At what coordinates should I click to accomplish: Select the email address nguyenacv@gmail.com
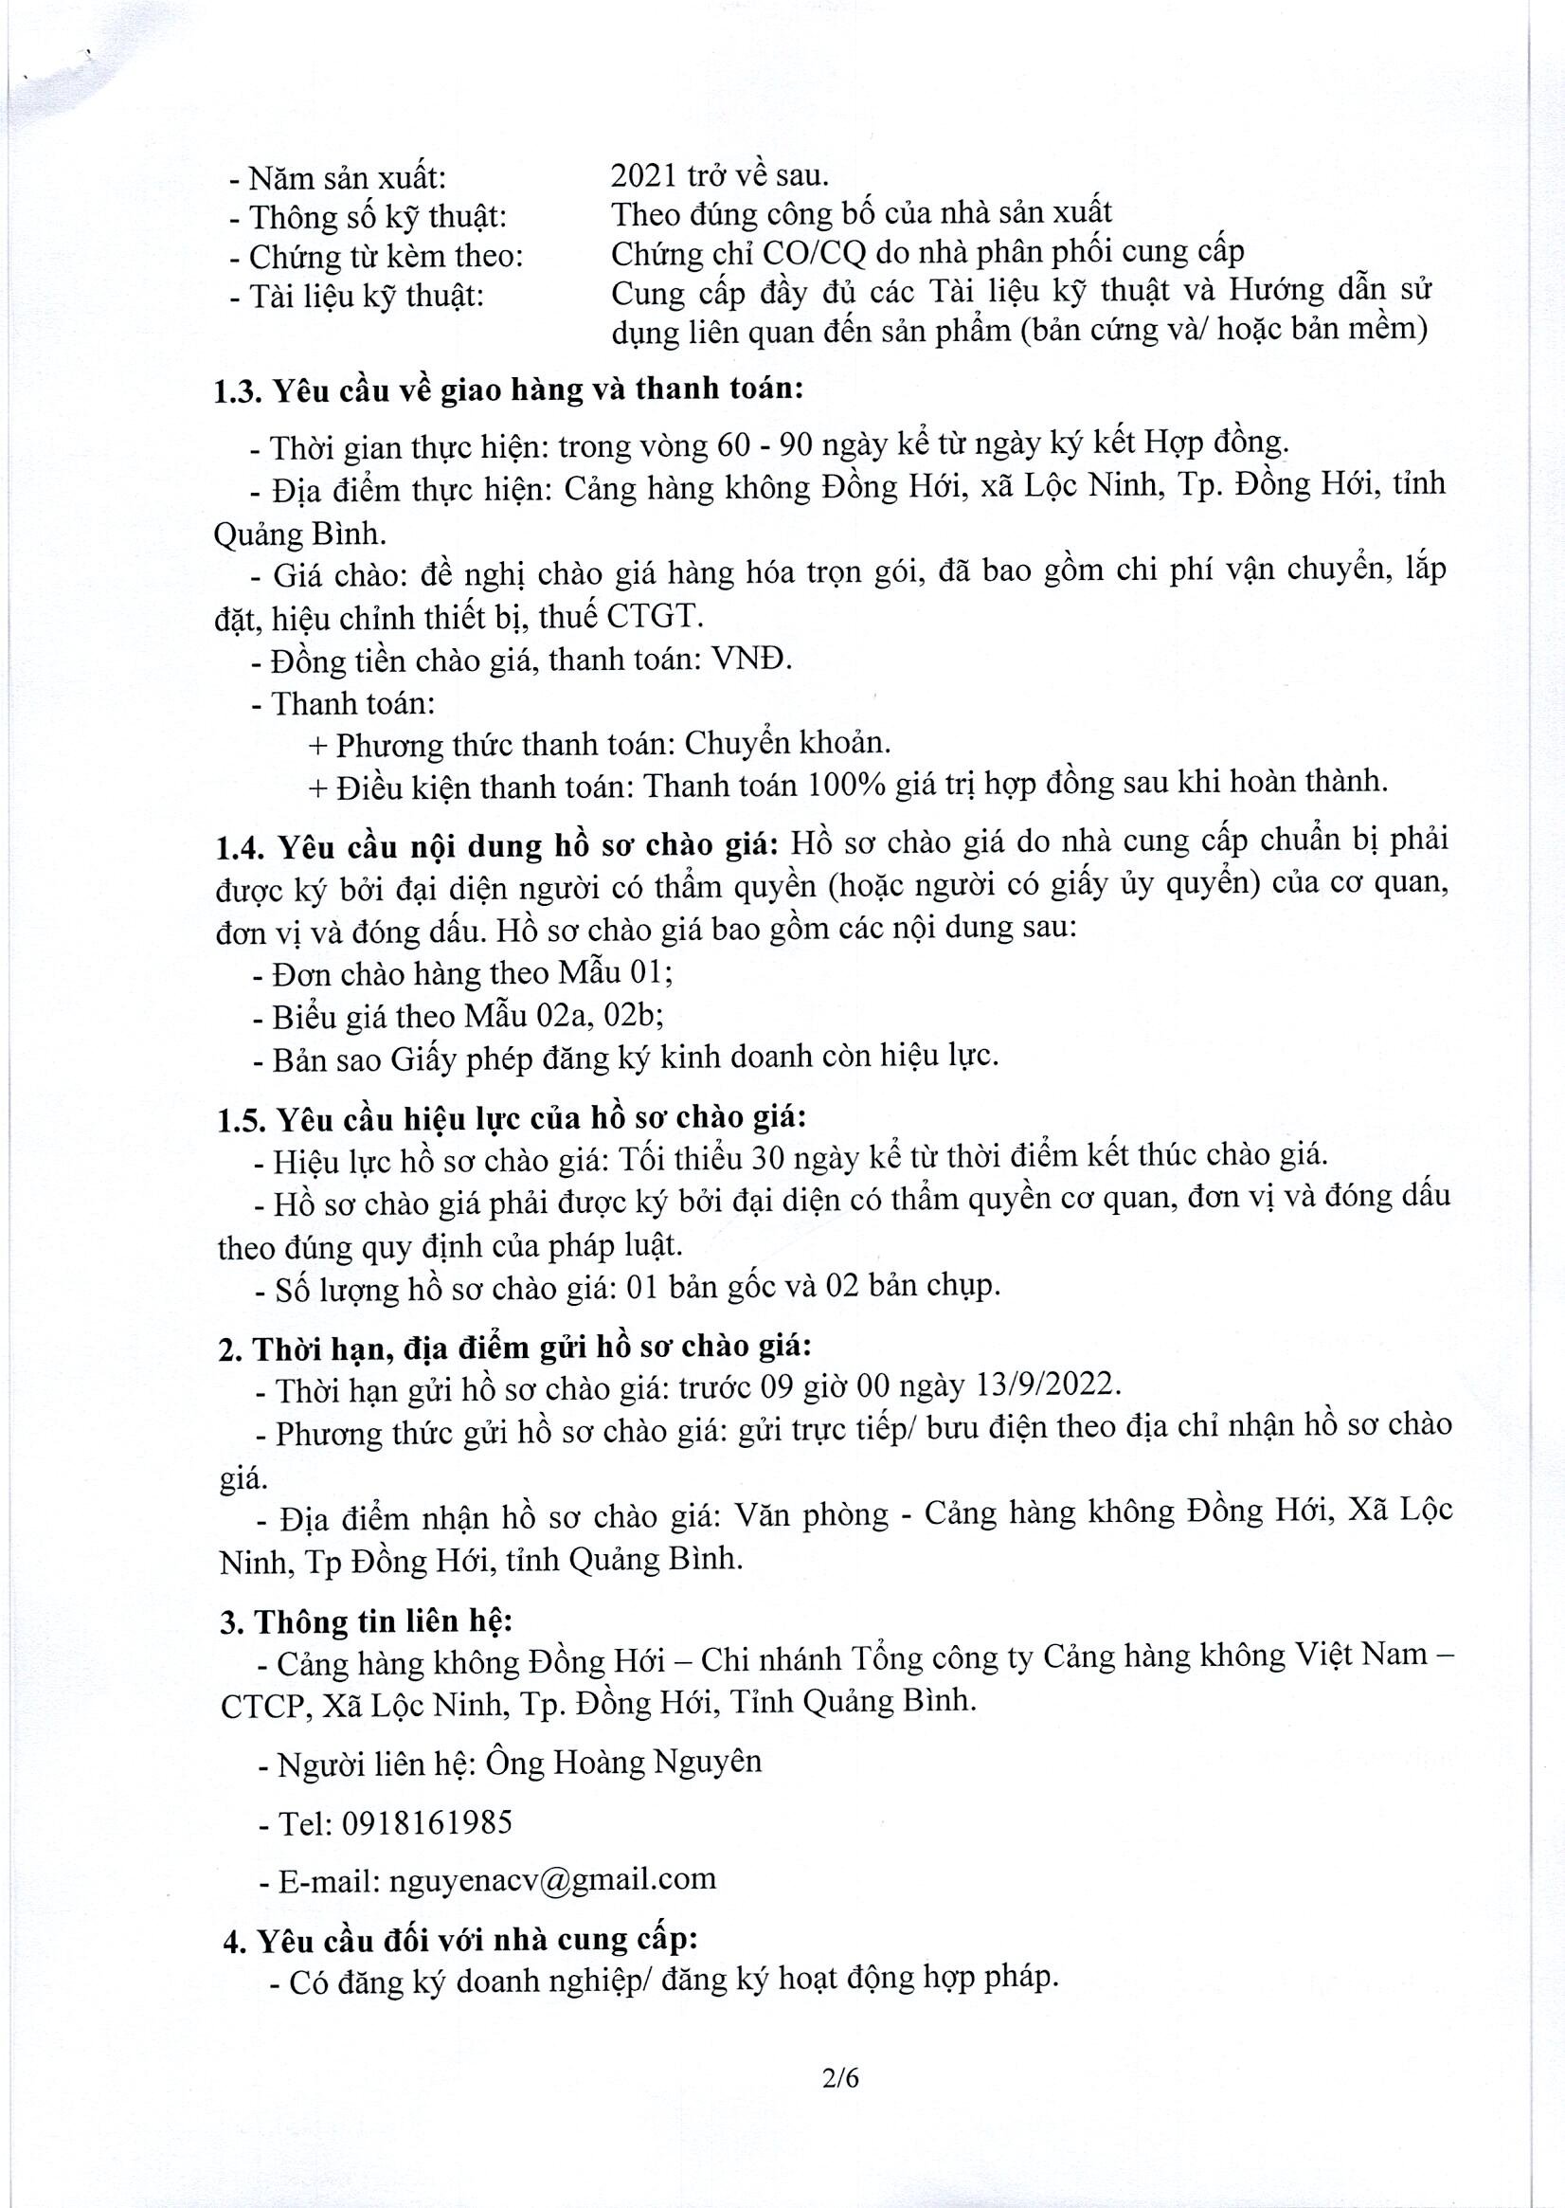[x=552, y=1878]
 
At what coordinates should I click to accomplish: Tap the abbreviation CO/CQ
[x=814, y=253]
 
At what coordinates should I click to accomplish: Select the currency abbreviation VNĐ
[x=751, y=660]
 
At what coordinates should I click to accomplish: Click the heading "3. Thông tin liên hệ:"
[x=367, y=1622]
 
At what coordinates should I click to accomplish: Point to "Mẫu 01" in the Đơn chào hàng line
[x=616, y=972]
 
